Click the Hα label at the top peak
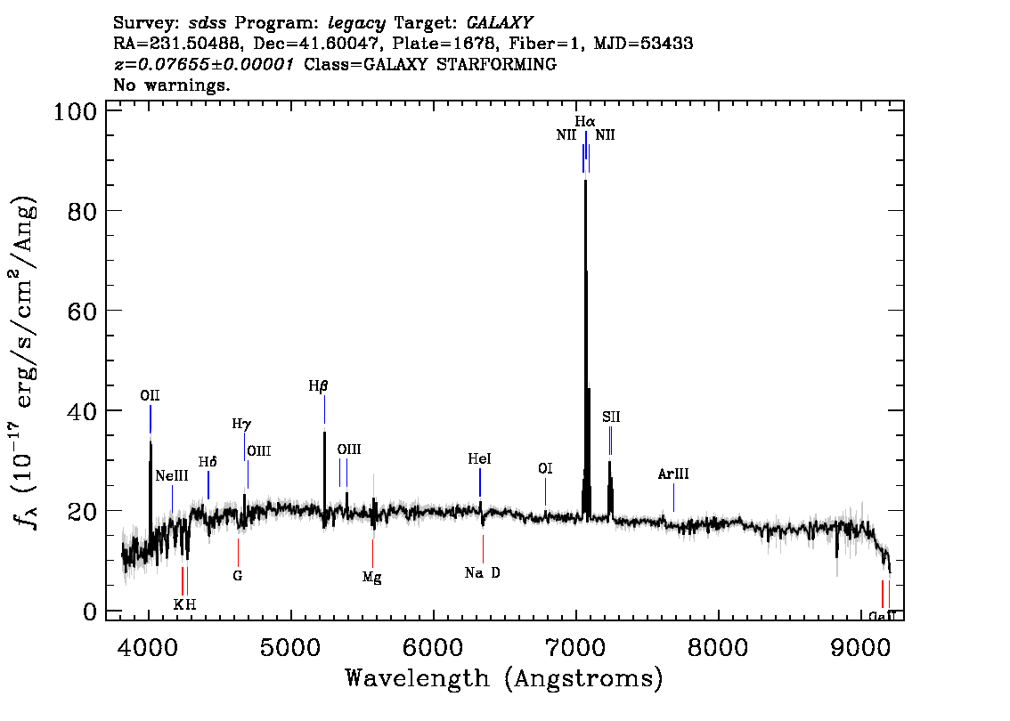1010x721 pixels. tap(584, 121)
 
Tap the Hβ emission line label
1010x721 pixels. tap(318, 386)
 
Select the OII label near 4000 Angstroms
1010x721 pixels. tap(150, 395)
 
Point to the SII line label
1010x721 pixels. tap(610, 417)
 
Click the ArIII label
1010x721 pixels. tap(673, 474)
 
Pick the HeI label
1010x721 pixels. tap(479, 459)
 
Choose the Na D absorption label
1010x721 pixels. tap(483, 573)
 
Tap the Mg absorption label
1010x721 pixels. tap(371, 578)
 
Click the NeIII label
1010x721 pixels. tap(171, 475)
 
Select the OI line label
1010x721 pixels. tap(545, 468)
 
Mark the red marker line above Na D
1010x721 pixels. tap(483, 548)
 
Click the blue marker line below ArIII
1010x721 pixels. tap(673, 497)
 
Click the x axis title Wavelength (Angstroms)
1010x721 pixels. tap(504, 679)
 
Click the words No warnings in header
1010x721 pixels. tap(172, 85)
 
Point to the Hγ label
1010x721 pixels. tap(240, 425)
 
